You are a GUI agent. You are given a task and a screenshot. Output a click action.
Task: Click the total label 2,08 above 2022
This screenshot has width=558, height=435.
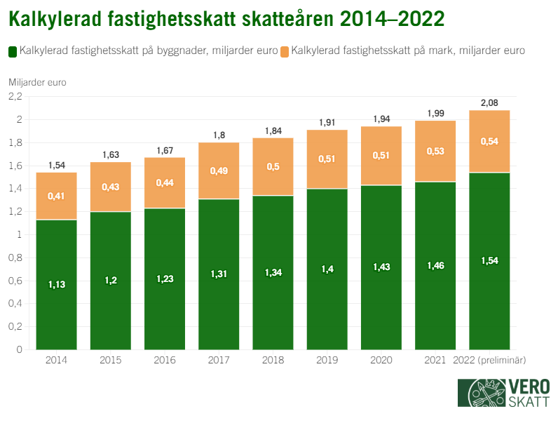489,103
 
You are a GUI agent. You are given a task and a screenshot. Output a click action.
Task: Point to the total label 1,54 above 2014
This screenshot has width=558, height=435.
57,166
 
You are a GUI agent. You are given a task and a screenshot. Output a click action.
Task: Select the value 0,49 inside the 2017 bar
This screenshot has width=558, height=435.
219,170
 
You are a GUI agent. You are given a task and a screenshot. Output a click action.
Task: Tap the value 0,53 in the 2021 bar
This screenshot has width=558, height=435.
435,150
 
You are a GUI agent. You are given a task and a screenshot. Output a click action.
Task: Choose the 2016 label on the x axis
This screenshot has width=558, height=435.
165,360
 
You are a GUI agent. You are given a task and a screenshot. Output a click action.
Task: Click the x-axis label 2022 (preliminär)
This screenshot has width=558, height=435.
490,360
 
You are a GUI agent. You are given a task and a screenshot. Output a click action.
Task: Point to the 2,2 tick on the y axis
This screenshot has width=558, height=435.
15,96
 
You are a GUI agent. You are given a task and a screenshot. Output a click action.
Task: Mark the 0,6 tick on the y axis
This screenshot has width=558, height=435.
15,281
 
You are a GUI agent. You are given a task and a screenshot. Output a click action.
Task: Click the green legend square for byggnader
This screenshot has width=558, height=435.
13,51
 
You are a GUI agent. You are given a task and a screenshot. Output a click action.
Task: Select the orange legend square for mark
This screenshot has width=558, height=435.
284,51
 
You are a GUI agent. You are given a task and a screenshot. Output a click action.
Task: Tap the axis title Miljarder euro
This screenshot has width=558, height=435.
37,82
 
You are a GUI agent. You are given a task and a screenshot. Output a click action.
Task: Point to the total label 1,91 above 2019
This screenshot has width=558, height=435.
327,122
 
